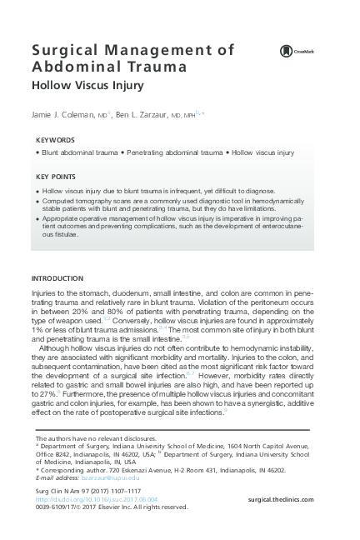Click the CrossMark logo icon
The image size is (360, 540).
286,52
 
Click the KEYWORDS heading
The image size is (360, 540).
55,140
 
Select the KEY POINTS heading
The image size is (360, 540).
56,177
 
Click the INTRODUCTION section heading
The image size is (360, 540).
57,277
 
